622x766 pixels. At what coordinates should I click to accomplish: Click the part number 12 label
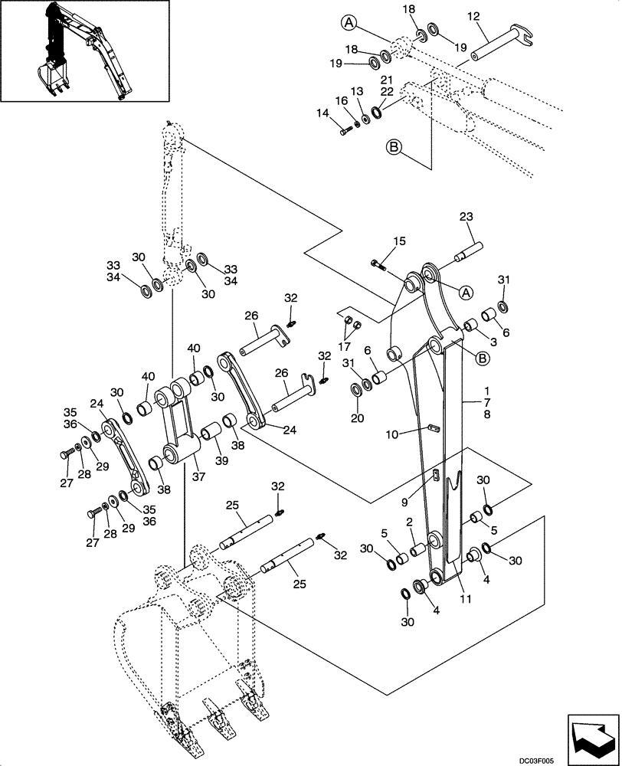[x=473, y=17]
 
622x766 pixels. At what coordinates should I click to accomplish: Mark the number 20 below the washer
[x=357, y=418]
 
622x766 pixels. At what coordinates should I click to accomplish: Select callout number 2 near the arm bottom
[x=410, y=521]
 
